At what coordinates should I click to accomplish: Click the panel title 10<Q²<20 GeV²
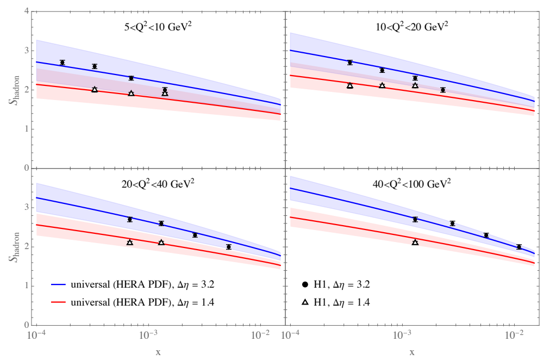(x=411, y=25)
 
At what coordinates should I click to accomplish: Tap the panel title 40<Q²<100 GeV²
(x=411, y=183)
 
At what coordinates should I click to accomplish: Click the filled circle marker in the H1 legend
(x=305, y=284)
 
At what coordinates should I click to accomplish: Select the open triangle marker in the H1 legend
(x=305, y=300)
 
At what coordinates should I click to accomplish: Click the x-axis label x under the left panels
(x=158, y=352)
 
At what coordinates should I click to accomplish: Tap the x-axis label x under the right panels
(x=412, y=352)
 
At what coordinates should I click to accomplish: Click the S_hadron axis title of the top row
(x=11, y=90)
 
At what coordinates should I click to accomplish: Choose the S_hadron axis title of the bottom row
(x=11, y=247)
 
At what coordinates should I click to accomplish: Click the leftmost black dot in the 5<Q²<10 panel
(x=62, y=63)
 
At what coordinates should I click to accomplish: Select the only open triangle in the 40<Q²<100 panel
(x=415, y=242)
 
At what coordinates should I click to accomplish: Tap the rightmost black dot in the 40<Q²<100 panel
(x=519, y=247)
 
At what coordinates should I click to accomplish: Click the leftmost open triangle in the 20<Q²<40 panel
(x=130, y=242)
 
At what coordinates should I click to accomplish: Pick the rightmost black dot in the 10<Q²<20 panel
(x=443, y=90)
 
